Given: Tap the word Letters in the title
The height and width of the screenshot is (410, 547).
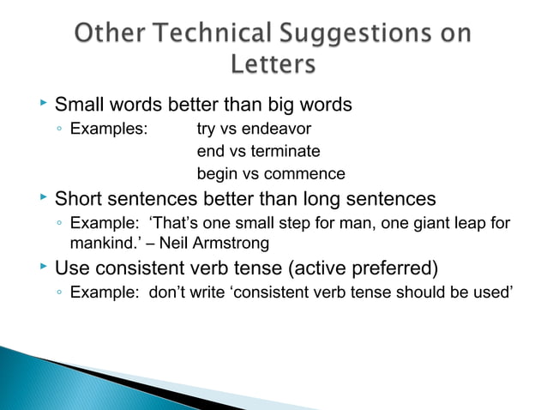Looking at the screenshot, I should pyautogui.click(x=273, y=67).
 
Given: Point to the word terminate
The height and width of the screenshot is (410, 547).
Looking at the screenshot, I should pyautogui.click(x=282, y=152).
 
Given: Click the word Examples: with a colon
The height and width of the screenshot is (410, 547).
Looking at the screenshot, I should pyautogui.click(x=108, y=130).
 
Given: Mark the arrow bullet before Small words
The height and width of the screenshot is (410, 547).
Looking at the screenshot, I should pyautogui.click(x=42, y=104).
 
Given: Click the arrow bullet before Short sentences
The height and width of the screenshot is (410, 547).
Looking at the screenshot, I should pyautogui.click(x=42, y=198).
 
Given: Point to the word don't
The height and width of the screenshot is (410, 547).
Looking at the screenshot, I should pyautogui.click(x=167, y=291).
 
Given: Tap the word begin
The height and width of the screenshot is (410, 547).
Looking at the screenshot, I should pyautogui.click(x=217, y=174).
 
